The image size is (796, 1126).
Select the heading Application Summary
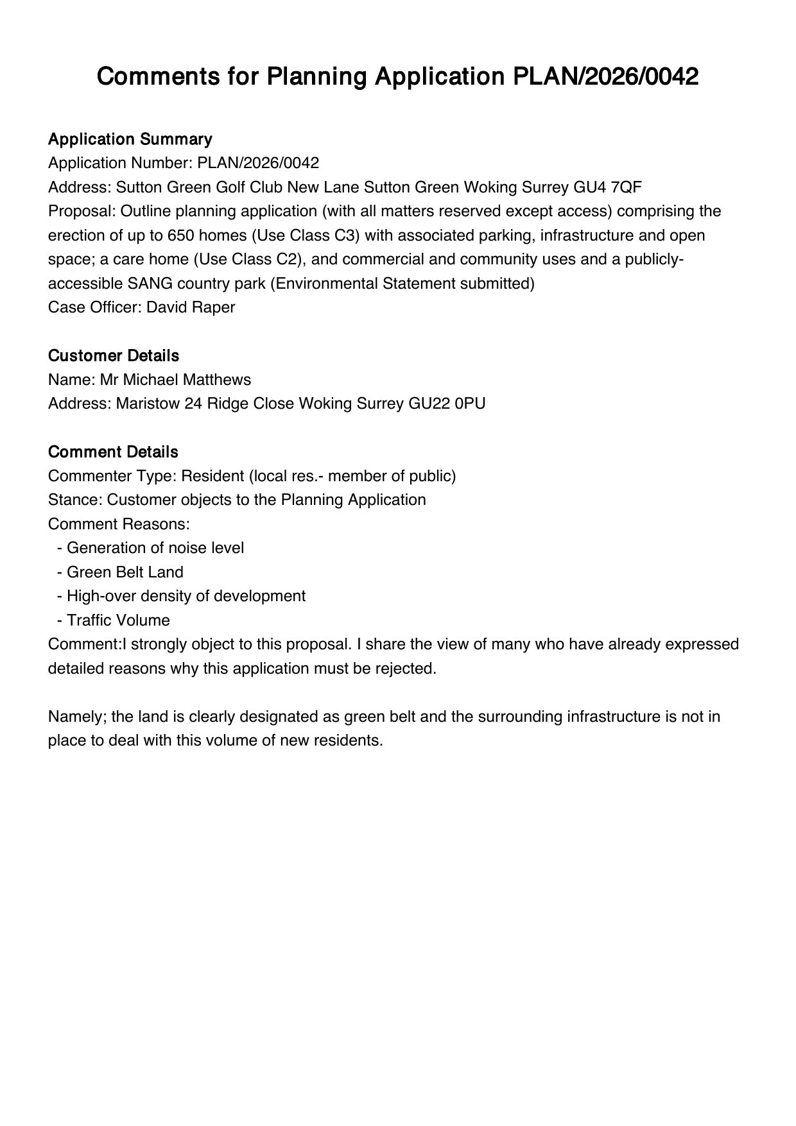[130, 139]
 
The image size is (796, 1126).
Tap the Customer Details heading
[114, 355]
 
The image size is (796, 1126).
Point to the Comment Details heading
[113, 452]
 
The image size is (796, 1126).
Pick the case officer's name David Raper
[191, 307]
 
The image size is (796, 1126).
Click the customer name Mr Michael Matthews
[175, 380]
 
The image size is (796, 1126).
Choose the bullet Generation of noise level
[155, 548]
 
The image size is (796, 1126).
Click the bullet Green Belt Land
[125, 572]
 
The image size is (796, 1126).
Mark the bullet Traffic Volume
[118, 620]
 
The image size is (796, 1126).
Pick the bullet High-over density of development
[186, 596]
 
